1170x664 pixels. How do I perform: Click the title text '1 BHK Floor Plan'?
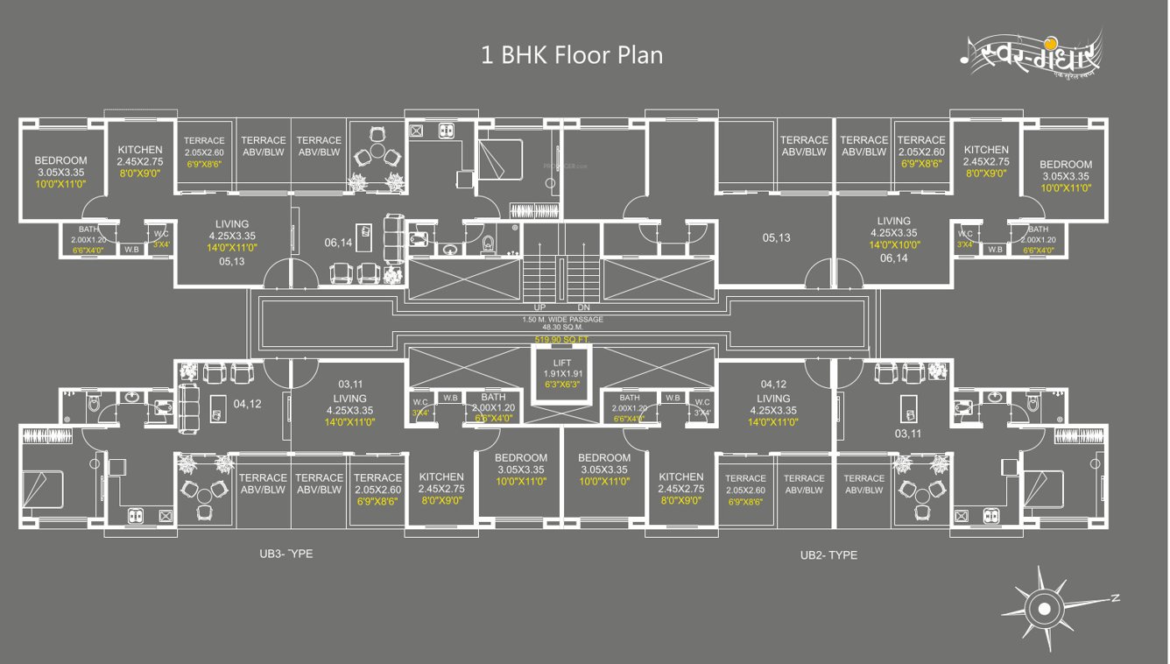click(x=572, y=55)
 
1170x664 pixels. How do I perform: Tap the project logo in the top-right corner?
click(x=1030, y=59)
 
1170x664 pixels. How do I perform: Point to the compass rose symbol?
click(x=1045, y=607)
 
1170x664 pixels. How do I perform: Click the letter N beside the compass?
click(x=1115, y=598)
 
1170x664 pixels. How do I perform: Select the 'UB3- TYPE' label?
click(x=285, y=554)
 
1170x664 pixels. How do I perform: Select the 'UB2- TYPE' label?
click(x=828, y=555)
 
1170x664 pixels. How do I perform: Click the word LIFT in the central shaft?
click(x=562, y=363)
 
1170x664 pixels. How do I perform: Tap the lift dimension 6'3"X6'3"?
click(x=562, y=385)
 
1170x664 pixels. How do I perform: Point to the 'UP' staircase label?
click(x=540, y=307)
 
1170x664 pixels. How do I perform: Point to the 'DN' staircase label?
click(x=585, y=307)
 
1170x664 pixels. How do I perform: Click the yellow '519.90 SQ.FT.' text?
click(x=562, y=338)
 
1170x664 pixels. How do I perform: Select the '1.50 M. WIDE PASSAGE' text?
click(x=562, y=320)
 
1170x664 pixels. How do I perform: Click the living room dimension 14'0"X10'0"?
click(x=893, y=245)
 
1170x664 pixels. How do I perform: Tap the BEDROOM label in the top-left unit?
click(x=61, y=160)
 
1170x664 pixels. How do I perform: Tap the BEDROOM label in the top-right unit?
click(x=1066, y=164)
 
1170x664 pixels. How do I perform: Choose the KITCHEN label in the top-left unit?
click(x=140, y=150)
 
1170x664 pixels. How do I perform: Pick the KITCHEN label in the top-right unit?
click(x=986, y=150)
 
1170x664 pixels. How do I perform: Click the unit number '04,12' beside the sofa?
click(x=247, y=404)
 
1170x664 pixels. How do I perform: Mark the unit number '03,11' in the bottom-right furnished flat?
click(x=907, y=434)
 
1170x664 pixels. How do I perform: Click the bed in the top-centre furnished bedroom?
click(x=499, y=160)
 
